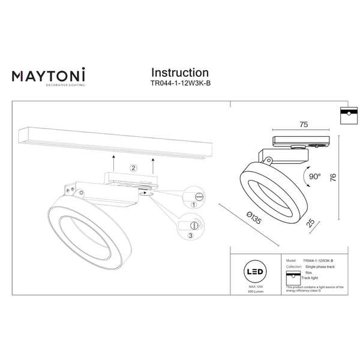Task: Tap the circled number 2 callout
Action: pos(134,169)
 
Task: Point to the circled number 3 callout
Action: pos(190,236)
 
